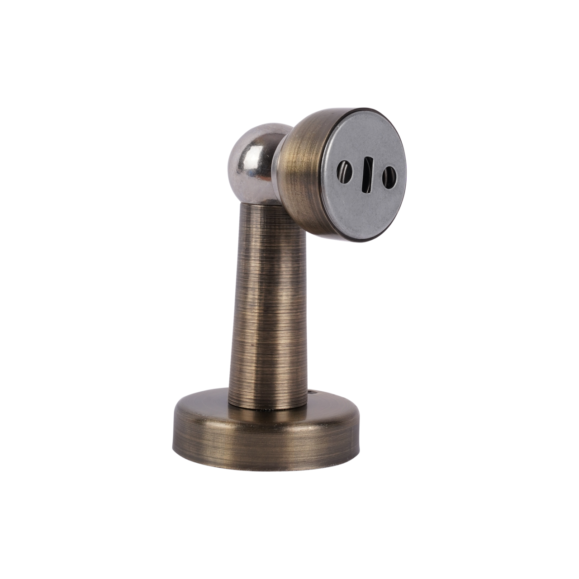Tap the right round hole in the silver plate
tap(388, 176)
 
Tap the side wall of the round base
tap(262, 446)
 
